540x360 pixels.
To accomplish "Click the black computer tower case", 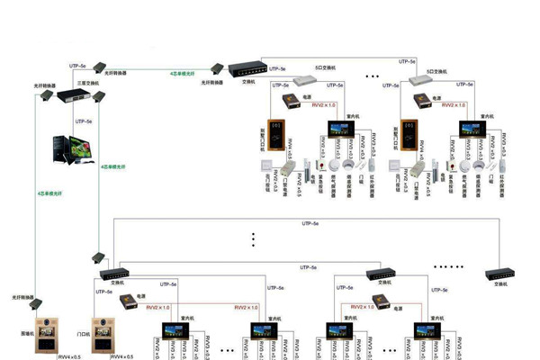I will (x=52, y=151).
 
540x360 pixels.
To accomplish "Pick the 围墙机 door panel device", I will (x=46, y=337).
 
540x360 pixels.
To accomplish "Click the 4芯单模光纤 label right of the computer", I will (x=114, y=166).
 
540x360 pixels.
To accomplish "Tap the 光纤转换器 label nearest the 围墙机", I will (x=23, y=296).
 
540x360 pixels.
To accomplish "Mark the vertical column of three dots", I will (x=255, y=239).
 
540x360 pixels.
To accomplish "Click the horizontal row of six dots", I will (x=447, y=266).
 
